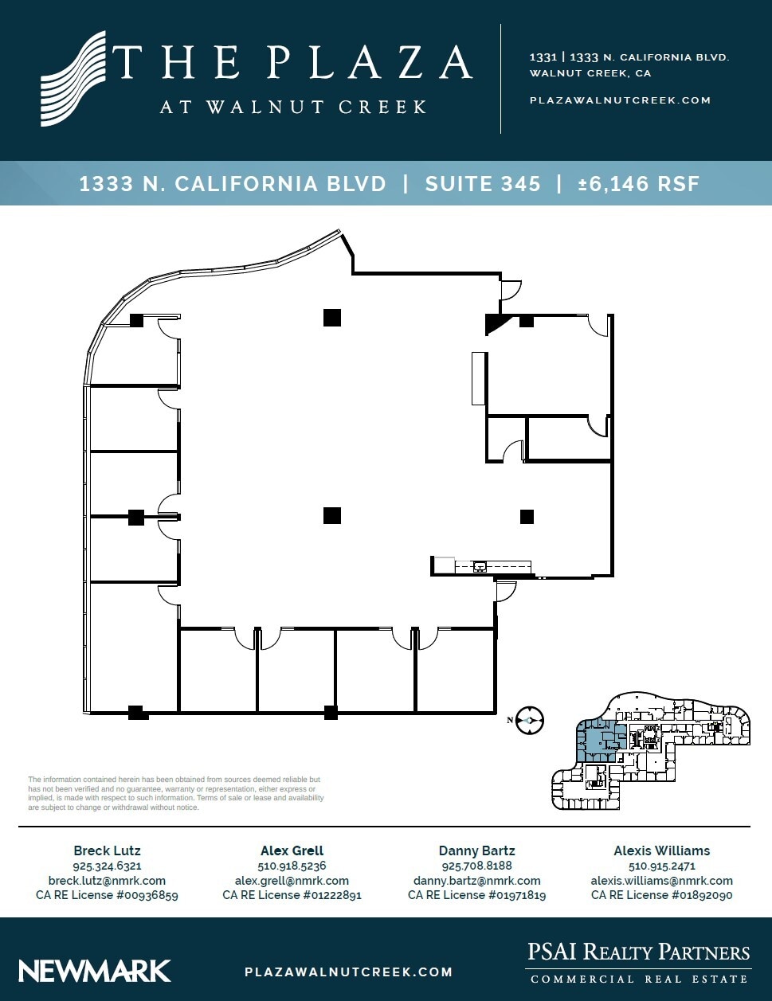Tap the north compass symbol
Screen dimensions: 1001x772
pyautogui.click(x=529, y=720)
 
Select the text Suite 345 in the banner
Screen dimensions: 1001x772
pyautogui.click(x=483, y=184)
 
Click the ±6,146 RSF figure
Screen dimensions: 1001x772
pyautogui.click(x=638, y=184)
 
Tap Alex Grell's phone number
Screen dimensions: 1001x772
pyautogui.click(x=292, y=866)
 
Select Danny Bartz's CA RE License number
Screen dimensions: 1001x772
pyautogui.click(x=476, y=895)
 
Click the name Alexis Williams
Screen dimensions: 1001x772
pyautogui.click(x=661, y=850)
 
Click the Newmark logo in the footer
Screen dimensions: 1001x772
pyautogui.click(x=95, y=971)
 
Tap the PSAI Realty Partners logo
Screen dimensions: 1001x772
pyautogui.click(x=638, y=963)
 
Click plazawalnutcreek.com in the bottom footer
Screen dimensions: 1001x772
pyautogui.click(x=348, y=972)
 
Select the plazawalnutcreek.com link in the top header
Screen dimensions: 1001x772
pyautogui.click(x=620, y=100)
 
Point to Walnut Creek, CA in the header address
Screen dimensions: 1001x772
pyautogui.click(x=590, y=73)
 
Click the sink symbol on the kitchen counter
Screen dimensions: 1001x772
pyautogui.click(x=480, y=567)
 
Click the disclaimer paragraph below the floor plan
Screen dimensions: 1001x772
pyautogui.click(x=175, y=793)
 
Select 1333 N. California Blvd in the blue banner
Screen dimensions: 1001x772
pyautogui.click(x=233, y=184)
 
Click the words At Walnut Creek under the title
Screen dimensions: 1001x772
pyautogui.click(x=293, y=107)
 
